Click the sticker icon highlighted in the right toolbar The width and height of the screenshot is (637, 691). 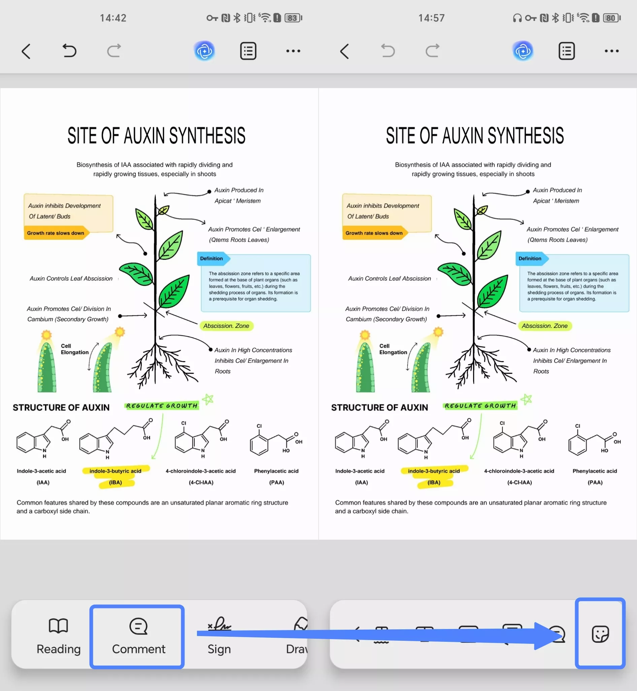coord(600,634)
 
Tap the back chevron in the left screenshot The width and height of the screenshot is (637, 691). coord(26,52)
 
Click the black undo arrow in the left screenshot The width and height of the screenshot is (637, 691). coord(69,51)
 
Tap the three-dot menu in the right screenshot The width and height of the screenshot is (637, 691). coord(611,51)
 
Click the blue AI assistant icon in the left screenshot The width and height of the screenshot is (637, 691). coord(204,51)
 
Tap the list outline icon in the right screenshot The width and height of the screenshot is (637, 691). coord(566,51)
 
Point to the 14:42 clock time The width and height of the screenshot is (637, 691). coord(113,18)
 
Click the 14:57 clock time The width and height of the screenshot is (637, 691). coord(432,18)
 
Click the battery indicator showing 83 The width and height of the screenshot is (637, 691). coord(293,18)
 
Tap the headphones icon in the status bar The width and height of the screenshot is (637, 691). coord(517,18)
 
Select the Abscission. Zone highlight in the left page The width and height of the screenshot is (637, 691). coord(226,326)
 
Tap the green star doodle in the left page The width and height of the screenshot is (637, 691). coord(208,399)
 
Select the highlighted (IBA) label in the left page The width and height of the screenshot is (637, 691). coord(116,482)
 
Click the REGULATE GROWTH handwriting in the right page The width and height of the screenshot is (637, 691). coord(480,405)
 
